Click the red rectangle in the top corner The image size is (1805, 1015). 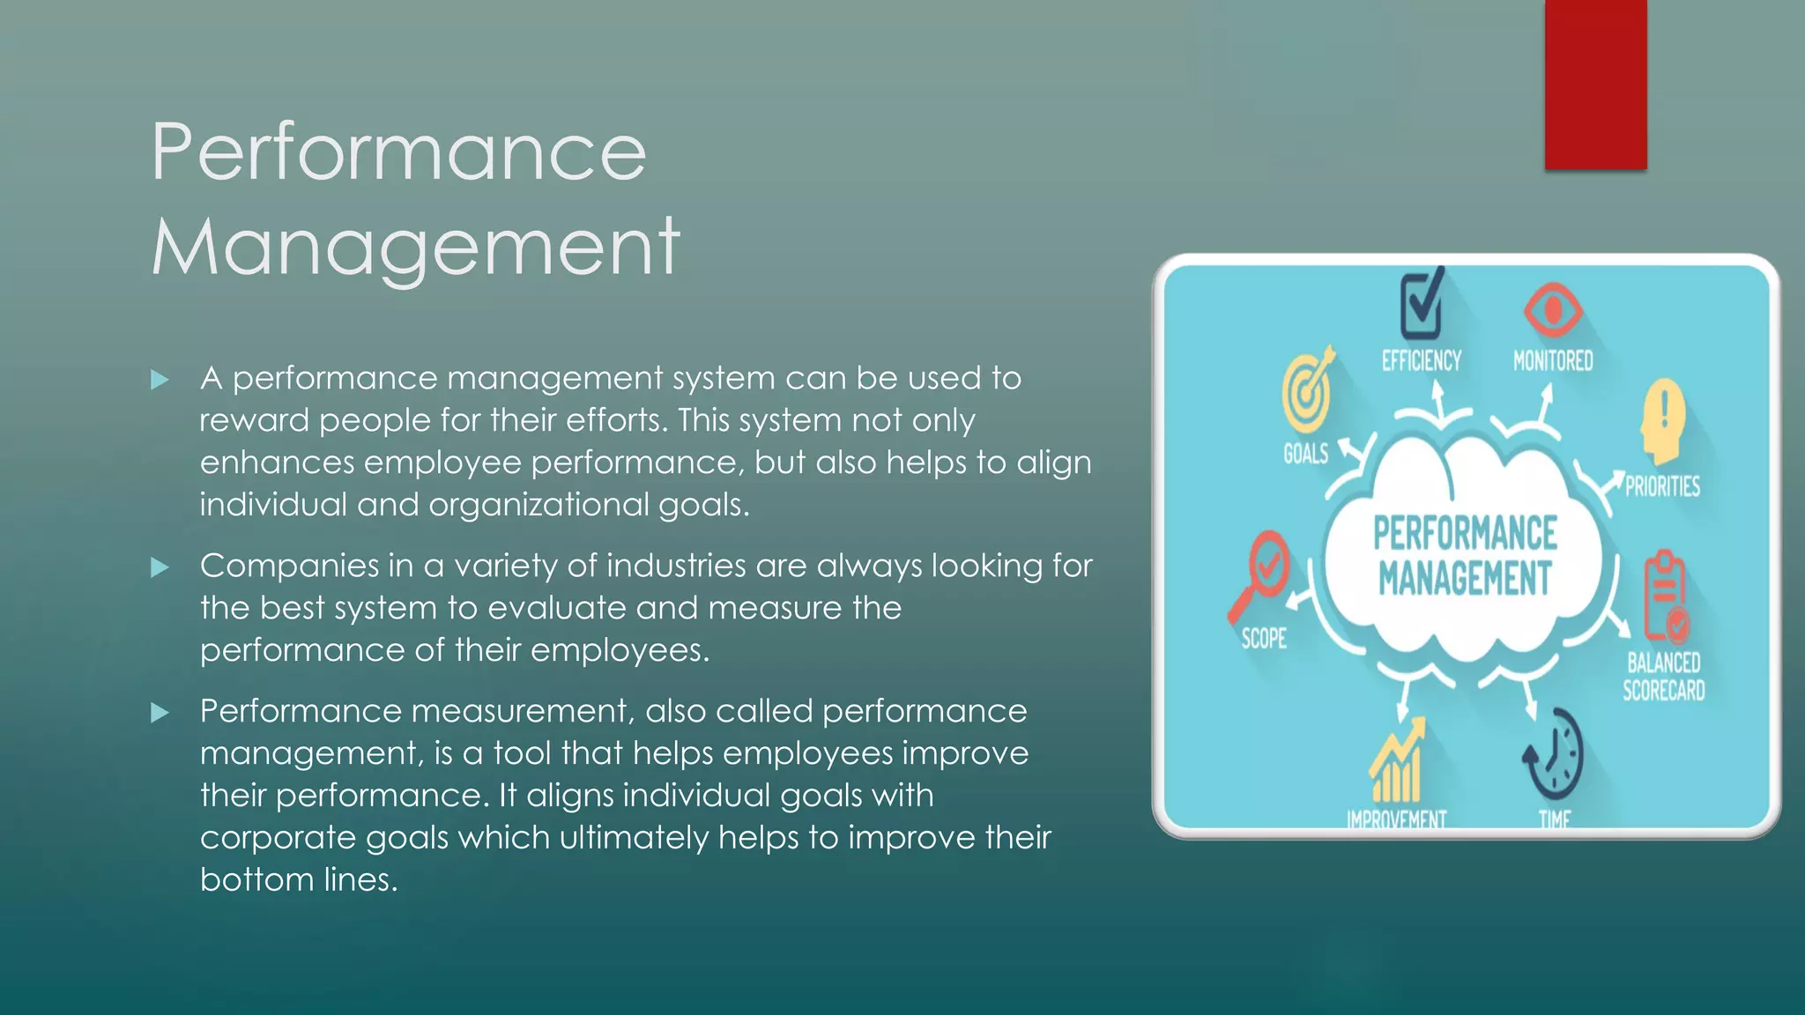tap(1595, 85)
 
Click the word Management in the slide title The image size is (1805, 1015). tap(416, 247)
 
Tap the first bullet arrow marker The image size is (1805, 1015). tap(160, 381)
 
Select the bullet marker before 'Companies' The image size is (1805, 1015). tap(160, 567)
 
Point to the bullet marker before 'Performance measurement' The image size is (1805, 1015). tap(160, 713)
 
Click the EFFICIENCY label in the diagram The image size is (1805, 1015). tap(1421, 361)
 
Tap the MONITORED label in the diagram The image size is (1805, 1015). tap(1553, 361)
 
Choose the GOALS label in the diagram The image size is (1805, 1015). tap(1305, 455)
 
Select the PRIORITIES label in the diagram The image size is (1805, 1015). tap(1662, 486)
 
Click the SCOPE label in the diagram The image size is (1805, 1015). tap(1264, 639)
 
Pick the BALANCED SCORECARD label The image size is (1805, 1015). tap(1664, 677)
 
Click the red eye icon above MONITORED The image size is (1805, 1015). tap(1553, 310)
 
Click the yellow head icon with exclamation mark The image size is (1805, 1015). tap(1663, 421)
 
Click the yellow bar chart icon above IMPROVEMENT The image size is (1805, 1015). tap(1398, 761)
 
